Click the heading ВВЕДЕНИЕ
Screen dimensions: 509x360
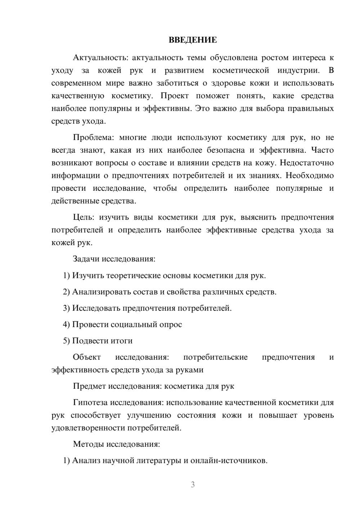193,40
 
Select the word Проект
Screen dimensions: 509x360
174,96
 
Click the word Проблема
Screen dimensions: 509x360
93,138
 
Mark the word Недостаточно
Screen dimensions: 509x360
307,163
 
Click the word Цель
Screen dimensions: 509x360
84,217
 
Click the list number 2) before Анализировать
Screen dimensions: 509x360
67,292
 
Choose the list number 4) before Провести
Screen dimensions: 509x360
67,324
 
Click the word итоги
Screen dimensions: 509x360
121,341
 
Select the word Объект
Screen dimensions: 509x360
87,357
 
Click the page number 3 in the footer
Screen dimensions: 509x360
193,485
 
